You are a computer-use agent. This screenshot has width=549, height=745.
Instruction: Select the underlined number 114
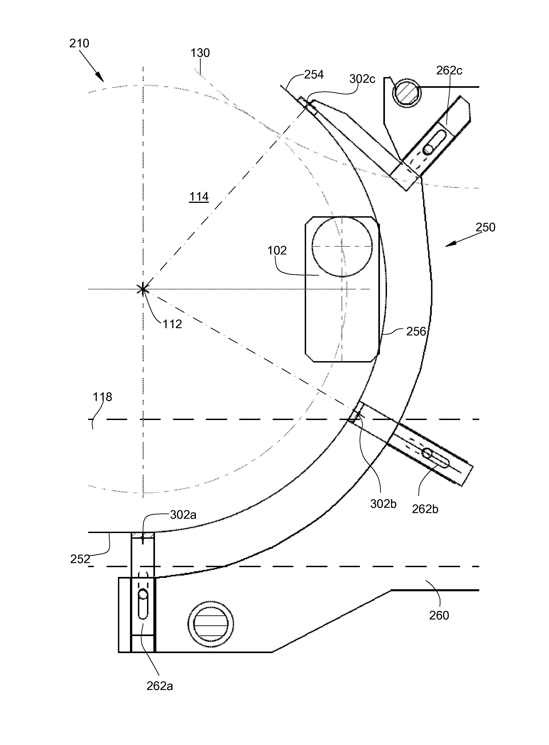199,197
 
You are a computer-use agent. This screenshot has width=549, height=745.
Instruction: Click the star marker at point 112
143,289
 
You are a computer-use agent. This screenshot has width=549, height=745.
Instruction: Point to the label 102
277,250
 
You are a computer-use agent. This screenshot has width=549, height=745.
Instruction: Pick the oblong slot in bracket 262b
436,458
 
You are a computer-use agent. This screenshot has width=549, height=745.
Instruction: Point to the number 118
102,397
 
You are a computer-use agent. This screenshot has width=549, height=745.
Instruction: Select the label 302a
183,515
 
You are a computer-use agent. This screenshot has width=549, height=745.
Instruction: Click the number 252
80,559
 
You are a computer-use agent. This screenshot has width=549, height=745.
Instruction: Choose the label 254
314,75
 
